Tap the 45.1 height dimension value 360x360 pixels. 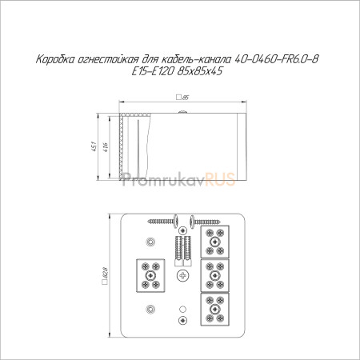click(94, 146)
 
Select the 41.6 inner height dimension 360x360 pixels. click(106, 147)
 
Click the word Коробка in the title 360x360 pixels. click(55, 59)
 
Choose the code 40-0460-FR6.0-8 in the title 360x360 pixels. click(276, 59)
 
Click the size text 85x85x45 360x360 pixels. click(199, 71)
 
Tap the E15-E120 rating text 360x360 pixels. click(153, 71)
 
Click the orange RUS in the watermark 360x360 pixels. click(220, 179)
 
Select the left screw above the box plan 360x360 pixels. click(164, 221)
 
